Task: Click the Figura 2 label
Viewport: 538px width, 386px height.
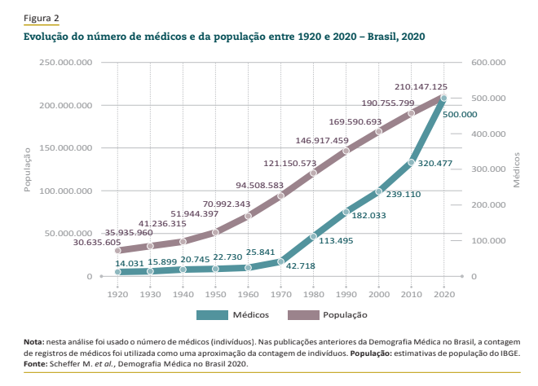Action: pyautogui.click(x=42, y=18)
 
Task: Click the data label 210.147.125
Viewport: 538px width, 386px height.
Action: pyautogui.click(x=421, y=86)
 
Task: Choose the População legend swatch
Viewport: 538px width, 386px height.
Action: pyautogui.click(x=302, y=314)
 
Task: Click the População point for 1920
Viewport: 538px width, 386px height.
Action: pyautogui.click(x=117, y=250)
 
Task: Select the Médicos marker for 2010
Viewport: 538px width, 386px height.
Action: pyautogui.click(x=411, y=163)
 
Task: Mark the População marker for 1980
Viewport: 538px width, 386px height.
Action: pyautogui.click(x=313, y=173)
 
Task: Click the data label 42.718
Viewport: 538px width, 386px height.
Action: pyautogui.click(x=299, y=265)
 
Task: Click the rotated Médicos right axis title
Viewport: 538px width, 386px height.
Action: pyautogui.click(x=517, y=169)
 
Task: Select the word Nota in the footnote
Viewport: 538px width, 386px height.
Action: pyautogui.click(x=34, y=343)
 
